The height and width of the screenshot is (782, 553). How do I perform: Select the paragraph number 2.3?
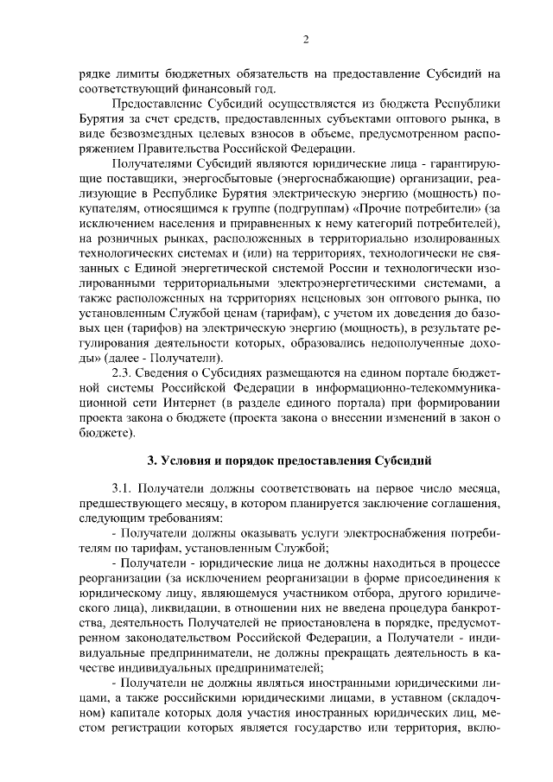[x=125, y=372]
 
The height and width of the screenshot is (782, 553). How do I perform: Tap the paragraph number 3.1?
[x=125, y=486]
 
